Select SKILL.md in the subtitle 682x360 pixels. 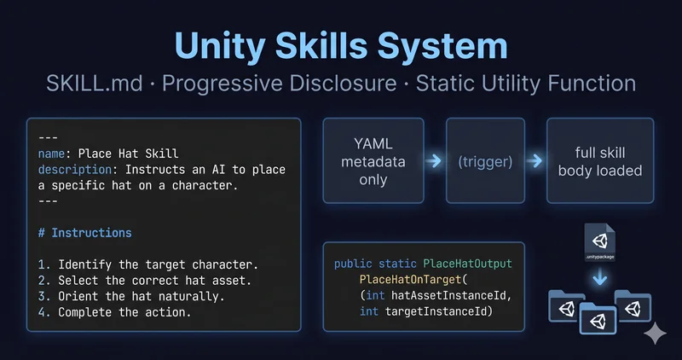click(x=95, y=83)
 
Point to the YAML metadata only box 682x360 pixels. click(x=373, y=160)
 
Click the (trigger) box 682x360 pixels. click(x=485, y=160)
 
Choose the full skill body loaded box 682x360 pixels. click(x=600, y=160)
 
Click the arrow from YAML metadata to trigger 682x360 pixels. click(x=434, y=161)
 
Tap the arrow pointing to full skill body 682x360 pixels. click(x=535, y=161)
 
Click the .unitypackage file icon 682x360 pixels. click(x=600, y=242)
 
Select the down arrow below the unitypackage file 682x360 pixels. click(x=600, y=277)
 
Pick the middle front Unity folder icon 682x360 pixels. click(x=598, y=319)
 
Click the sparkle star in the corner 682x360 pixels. click(x=655, y=334)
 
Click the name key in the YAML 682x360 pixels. click(x=51, y=154)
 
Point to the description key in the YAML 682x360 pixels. click(x=75, y=170)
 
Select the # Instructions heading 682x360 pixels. click(x=84, y=233)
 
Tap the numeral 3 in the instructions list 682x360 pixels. click(x=41, y=296)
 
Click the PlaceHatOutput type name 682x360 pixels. click(x=467, y=264)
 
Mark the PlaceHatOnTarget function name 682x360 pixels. click(x=410, y=280)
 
